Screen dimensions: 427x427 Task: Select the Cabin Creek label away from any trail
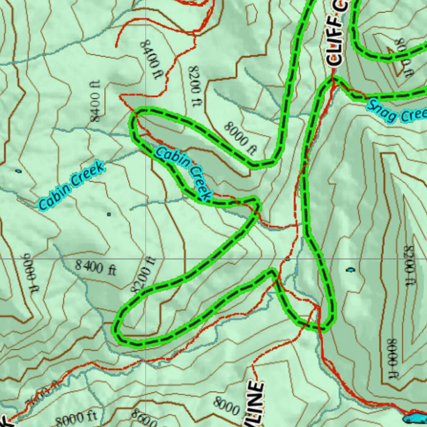71,186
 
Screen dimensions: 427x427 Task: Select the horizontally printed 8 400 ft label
95,267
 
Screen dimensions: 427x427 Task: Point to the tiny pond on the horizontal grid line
287,259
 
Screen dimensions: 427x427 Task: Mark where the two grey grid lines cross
146,259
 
